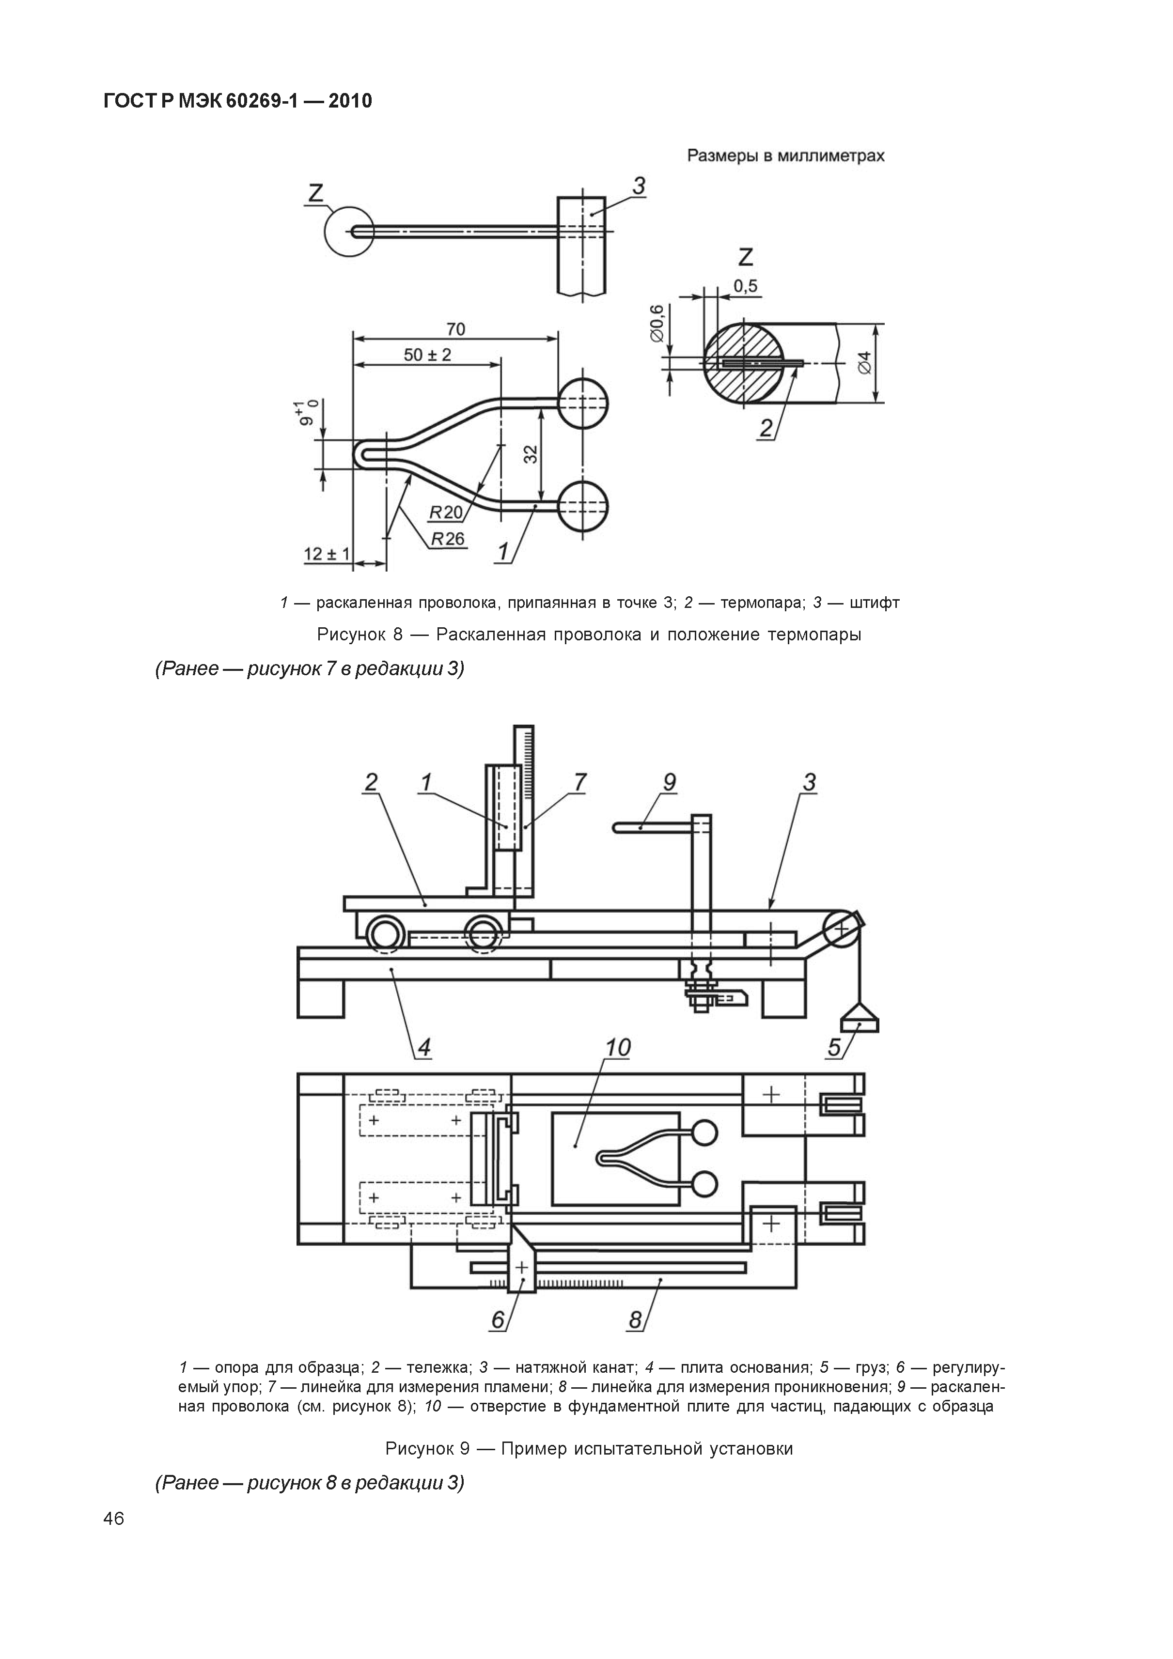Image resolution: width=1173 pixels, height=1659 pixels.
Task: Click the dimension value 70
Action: coord(455,329)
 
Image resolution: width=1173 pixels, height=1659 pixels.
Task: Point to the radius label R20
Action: coord(445,512)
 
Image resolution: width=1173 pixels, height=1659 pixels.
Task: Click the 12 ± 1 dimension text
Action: coord(327,554)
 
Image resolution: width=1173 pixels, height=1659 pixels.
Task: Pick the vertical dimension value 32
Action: coord(531,454)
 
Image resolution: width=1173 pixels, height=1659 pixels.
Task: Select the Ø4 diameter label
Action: coord(865,361)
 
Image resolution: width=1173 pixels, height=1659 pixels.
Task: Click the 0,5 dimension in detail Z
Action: coord(745,286)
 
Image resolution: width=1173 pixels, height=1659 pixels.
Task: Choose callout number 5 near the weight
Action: coord(835,1047)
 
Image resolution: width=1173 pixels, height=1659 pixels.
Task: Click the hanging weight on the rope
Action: coord(860,1020)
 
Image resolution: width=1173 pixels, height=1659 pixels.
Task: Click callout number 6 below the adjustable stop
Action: coord(498,1320)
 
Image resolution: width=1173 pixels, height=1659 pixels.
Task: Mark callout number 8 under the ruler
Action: coord(635,1320)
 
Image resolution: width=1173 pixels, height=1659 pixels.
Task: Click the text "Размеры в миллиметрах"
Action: coord(785,155)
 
